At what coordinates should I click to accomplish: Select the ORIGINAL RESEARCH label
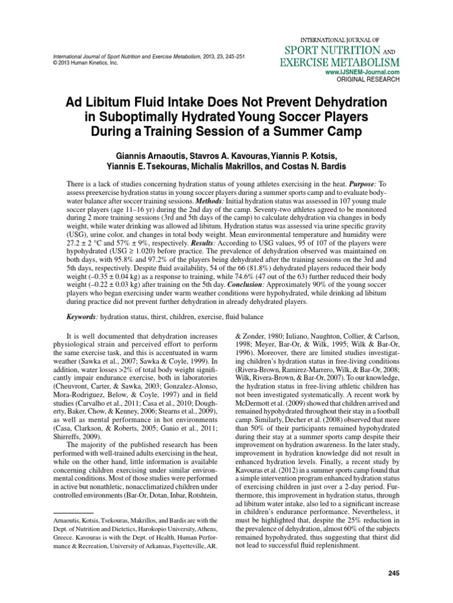[x=368, y=78]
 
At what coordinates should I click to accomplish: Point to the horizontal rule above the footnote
[x=57, y=513]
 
